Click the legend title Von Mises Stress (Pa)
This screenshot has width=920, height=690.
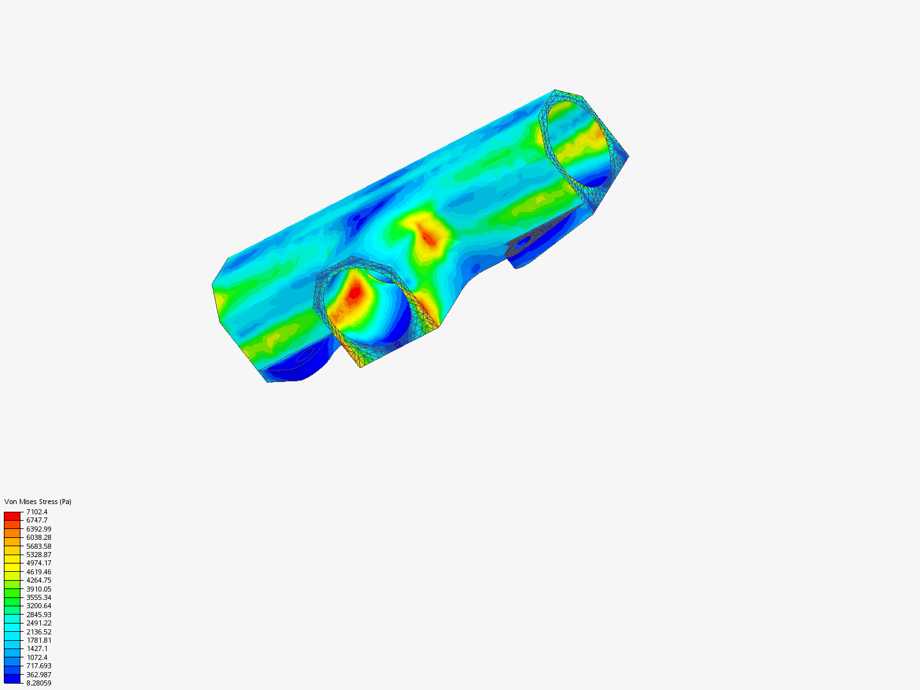click(x=38, y=502)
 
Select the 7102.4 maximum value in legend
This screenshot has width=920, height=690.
click(x=36, y=512)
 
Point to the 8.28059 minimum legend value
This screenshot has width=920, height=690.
click(x=38, y=683)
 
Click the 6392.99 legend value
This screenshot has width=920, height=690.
click(x=38, y=529)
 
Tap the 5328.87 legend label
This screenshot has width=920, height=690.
click(x=38, y=555)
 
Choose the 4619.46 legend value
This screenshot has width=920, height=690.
click(x=38, y=572)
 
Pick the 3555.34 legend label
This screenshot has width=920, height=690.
click(x=38, y=597)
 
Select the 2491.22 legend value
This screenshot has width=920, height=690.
click(x=38, y=623)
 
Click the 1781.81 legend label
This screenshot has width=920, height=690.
click(x=38, y=640)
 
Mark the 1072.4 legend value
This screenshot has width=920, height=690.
click(x=36, y=657)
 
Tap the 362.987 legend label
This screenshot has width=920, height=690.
click(x=38, y=675)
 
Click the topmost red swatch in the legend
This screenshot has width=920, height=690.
click(x=12, y=516)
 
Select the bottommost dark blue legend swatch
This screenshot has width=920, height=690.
click(x=12, y=678)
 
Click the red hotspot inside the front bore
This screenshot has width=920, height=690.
click(x=355, y=293)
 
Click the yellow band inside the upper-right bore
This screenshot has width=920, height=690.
click(x=591, y=137)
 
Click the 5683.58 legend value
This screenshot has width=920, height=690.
click(x=38, y=546)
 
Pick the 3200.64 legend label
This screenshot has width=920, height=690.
click(x=38, y=606)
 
